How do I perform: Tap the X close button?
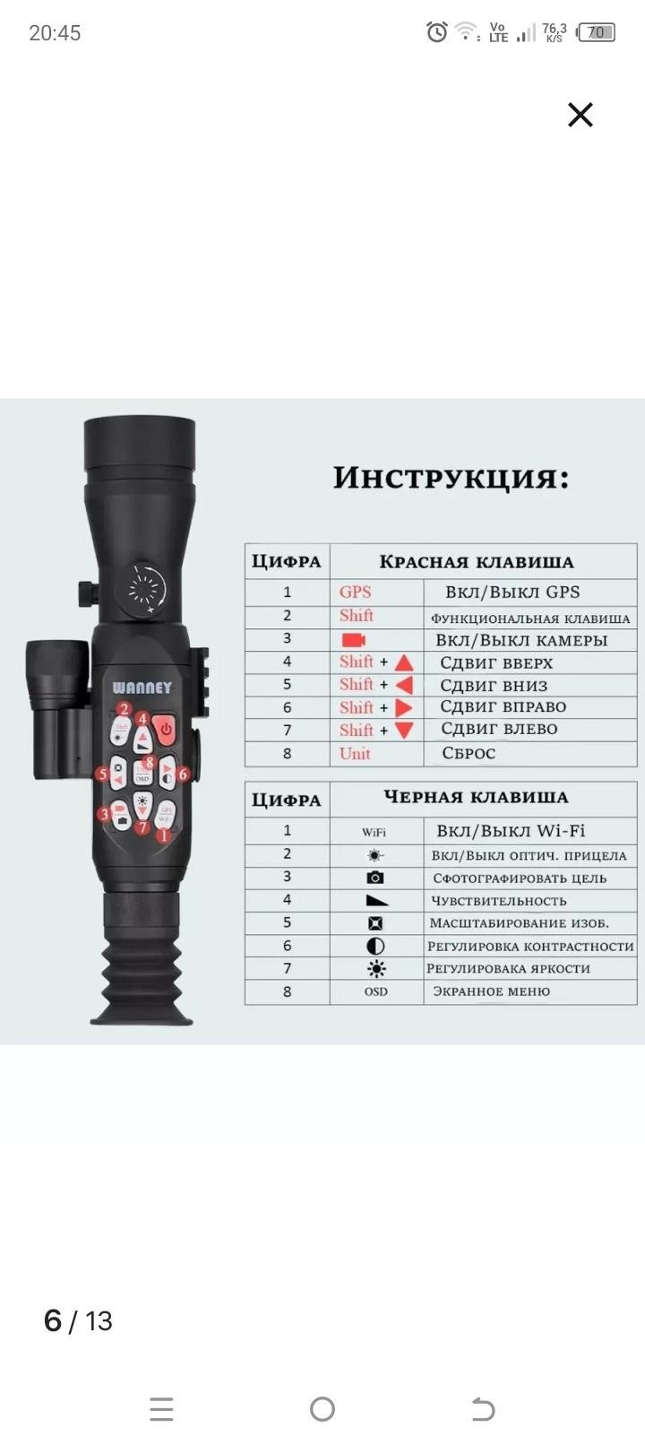[x=580, y=115]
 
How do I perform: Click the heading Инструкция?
[x=451, y=478]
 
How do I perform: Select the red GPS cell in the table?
[x=355, y=593]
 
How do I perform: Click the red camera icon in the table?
[x=354, y=640]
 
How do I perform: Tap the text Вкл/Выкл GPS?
[x=512, y=593]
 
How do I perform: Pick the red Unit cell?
[x=355, y=754]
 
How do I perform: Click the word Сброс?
[x=469, y=754]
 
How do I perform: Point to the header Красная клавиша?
[x=476, y=562]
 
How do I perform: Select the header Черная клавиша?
[x=476, y=798]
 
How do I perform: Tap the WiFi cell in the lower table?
[x=374, y=832]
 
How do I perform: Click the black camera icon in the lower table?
[x=375, y=878]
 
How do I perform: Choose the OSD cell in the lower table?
[x=375, y=992]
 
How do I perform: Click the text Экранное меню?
[x=491, y=992]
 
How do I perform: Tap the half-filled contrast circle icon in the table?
[x=375, y=947]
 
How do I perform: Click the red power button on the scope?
[x=166, y=730]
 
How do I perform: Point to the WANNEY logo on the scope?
[x=142, y=688]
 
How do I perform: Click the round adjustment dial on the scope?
[x=146, y=588]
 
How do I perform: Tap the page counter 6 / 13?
[x=78, y=1321]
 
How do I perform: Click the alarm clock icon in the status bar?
[x=436, y=32]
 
